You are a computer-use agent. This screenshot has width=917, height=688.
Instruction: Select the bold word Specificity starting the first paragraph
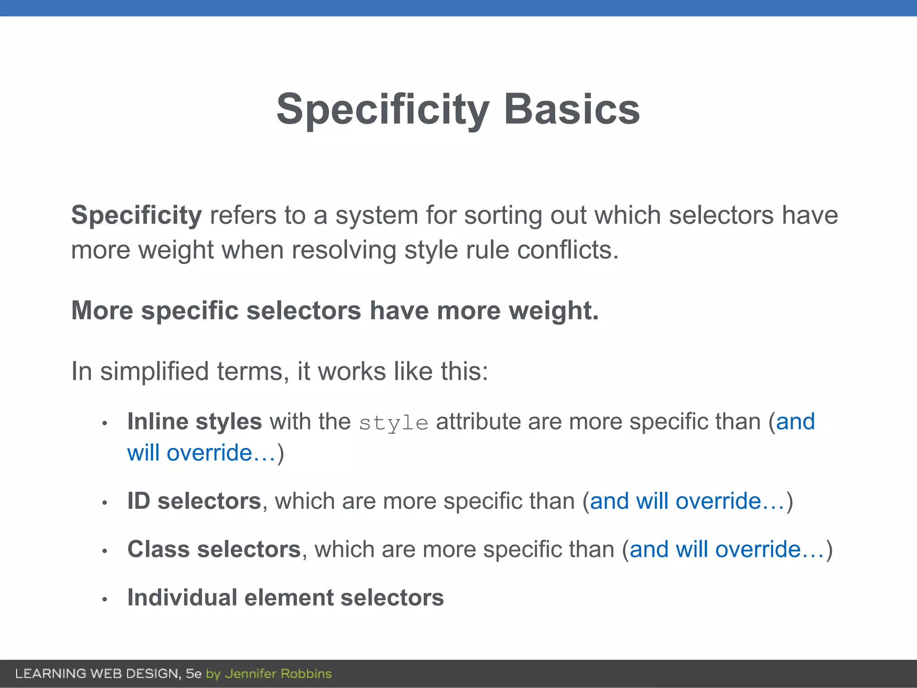coord(137,215)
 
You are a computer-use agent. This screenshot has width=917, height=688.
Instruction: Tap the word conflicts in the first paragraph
coord(567,250)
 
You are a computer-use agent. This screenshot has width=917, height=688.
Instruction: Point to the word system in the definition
coord(377,215)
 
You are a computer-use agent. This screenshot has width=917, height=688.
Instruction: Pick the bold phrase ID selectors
coord(194,501)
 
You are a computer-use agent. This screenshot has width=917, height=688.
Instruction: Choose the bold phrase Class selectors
coord(214,550)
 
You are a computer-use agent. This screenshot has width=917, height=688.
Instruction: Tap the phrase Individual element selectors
coord(286,598)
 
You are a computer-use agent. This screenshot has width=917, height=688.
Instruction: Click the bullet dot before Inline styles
coord(104,423)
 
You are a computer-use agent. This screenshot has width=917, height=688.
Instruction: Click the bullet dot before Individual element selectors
coord(104,599)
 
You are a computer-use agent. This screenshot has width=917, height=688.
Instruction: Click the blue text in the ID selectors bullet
coord(687,501)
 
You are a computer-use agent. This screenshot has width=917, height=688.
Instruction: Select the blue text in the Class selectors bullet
coord(727,550)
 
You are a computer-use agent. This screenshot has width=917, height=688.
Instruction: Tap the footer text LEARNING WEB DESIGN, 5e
coord(108,674)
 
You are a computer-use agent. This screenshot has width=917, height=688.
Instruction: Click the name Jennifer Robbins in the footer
coord(278,674)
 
